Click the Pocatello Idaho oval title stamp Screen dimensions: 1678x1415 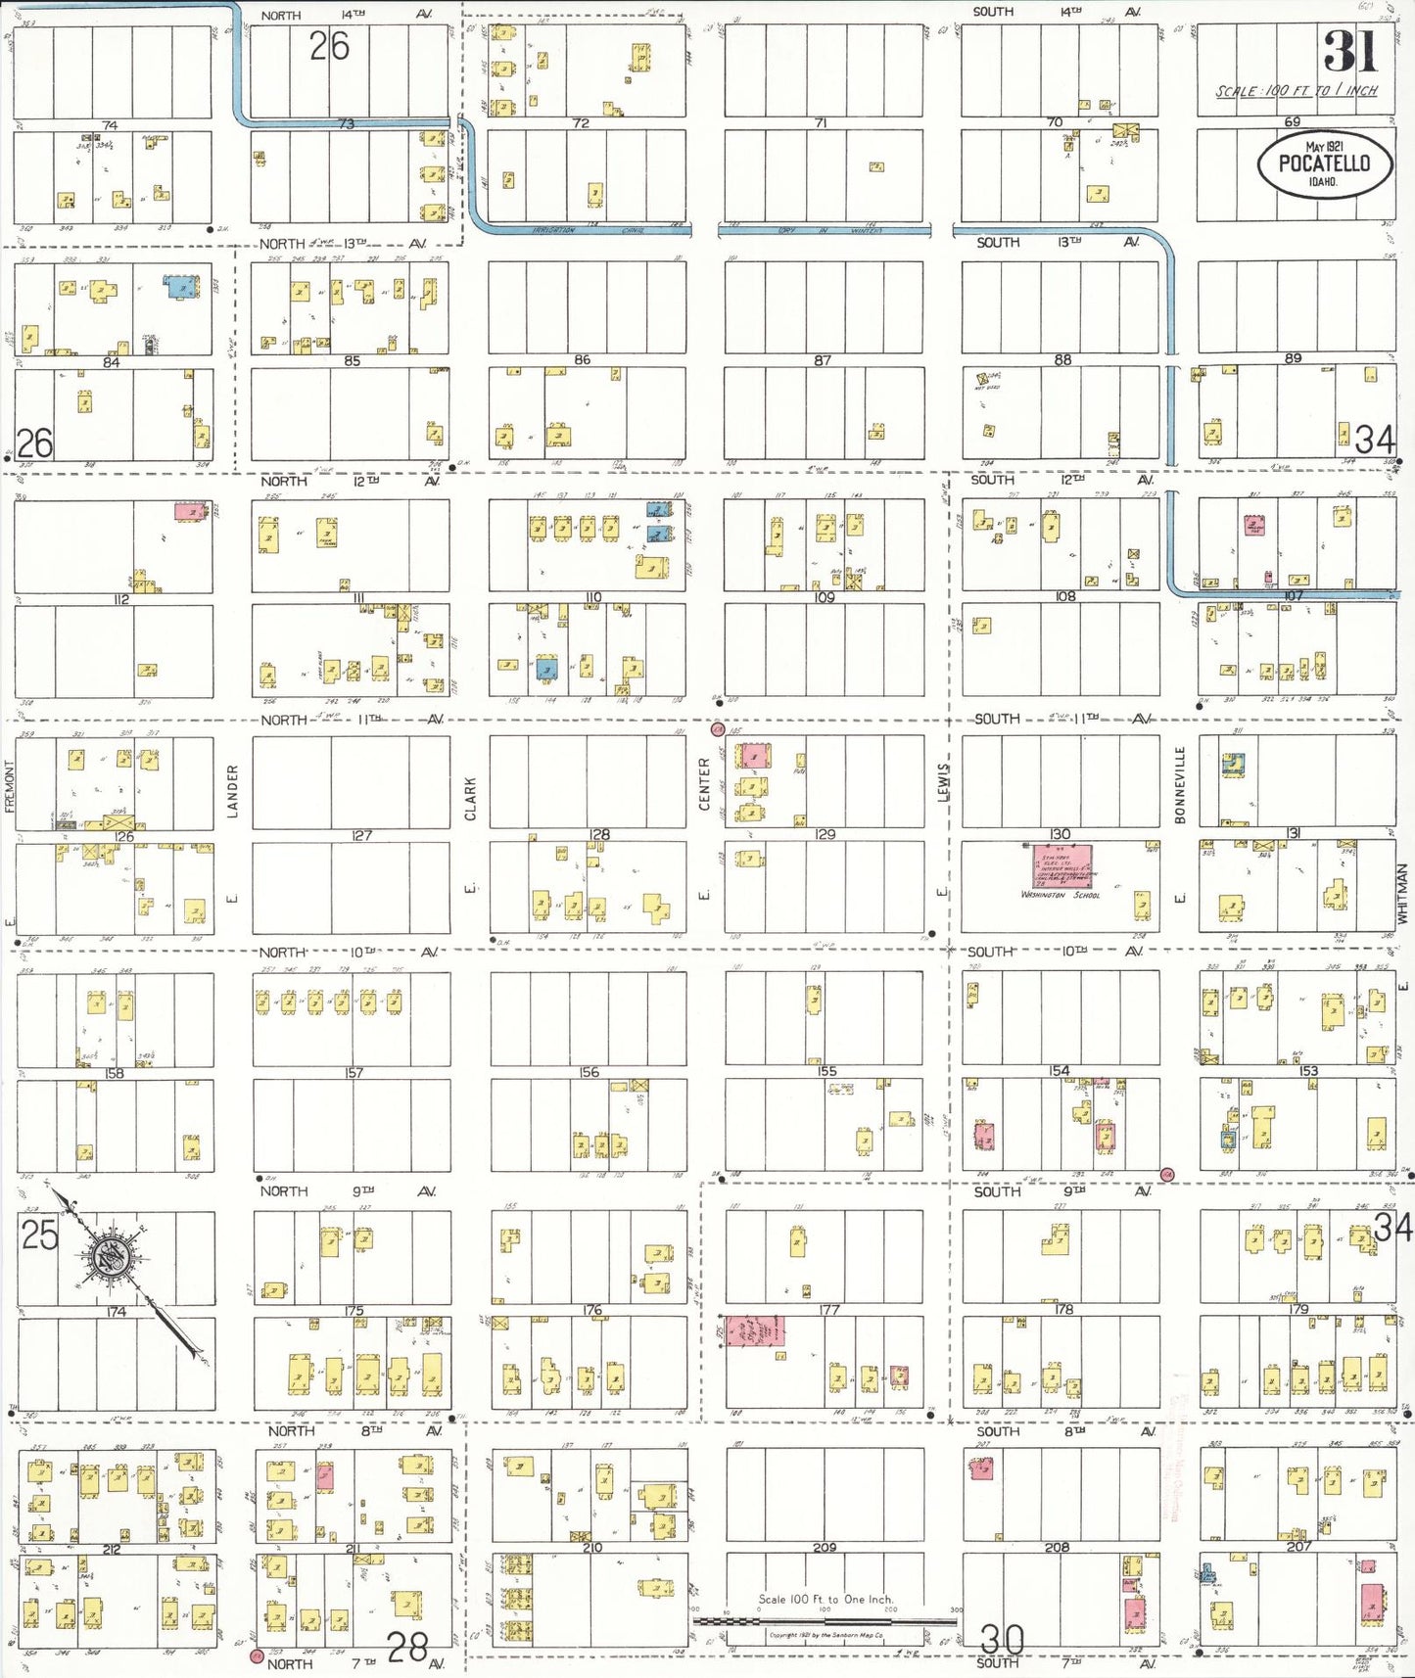pos(1324,164)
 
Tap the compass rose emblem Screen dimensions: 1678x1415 pos(106,1254)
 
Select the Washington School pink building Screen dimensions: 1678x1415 pos(1062,867)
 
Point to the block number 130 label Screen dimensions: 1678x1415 pos(1060,834)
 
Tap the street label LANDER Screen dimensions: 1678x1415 pos(233,791)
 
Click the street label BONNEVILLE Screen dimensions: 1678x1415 pos(1180,784)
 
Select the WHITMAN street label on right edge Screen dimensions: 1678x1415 pos(1401,893)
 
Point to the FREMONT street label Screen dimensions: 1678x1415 pos(10,785)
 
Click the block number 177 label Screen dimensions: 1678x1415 pos(829,1309)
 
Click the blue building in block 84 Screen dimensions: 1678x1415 pos(179,287)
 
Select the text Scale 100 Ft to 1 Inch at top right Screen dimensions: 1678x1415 pos(1296,91)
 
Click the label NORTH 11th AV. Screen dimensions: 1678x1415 pos(353,720)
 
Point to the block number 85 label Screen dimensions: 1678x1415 pos(352,361)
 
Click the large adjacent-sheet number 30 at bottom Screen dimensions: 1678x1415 pos(1002,1639)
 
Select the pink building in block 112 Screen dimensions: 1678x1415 pos(190,511)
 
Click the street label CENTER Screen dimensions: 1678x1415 pos(704,783)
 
